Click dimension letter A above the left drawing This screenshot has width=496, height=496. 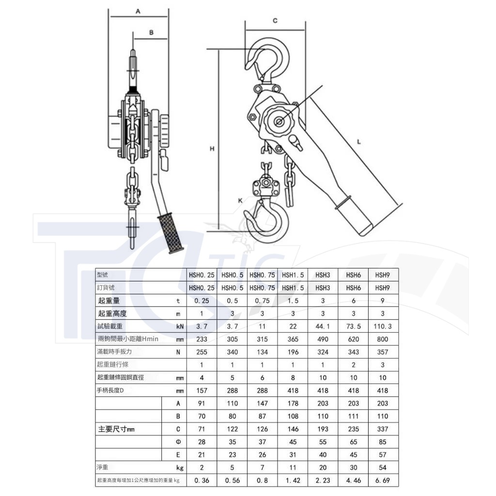point(138,12)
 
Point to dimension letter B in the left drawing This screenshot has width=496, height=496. point(151,32)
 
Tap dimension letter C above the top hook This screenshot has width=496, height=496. point(275,20)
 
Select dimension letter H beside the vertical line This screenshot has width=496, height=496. point(212,148)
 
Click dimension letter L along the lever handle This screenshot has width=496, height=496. point(359,142)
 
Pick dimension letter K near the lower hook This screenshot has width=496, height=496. point(240,201)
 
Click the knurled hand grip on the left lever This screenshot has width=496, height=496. point(170,233)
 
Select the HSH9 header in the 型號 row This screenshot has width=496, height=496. point(383,275)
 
